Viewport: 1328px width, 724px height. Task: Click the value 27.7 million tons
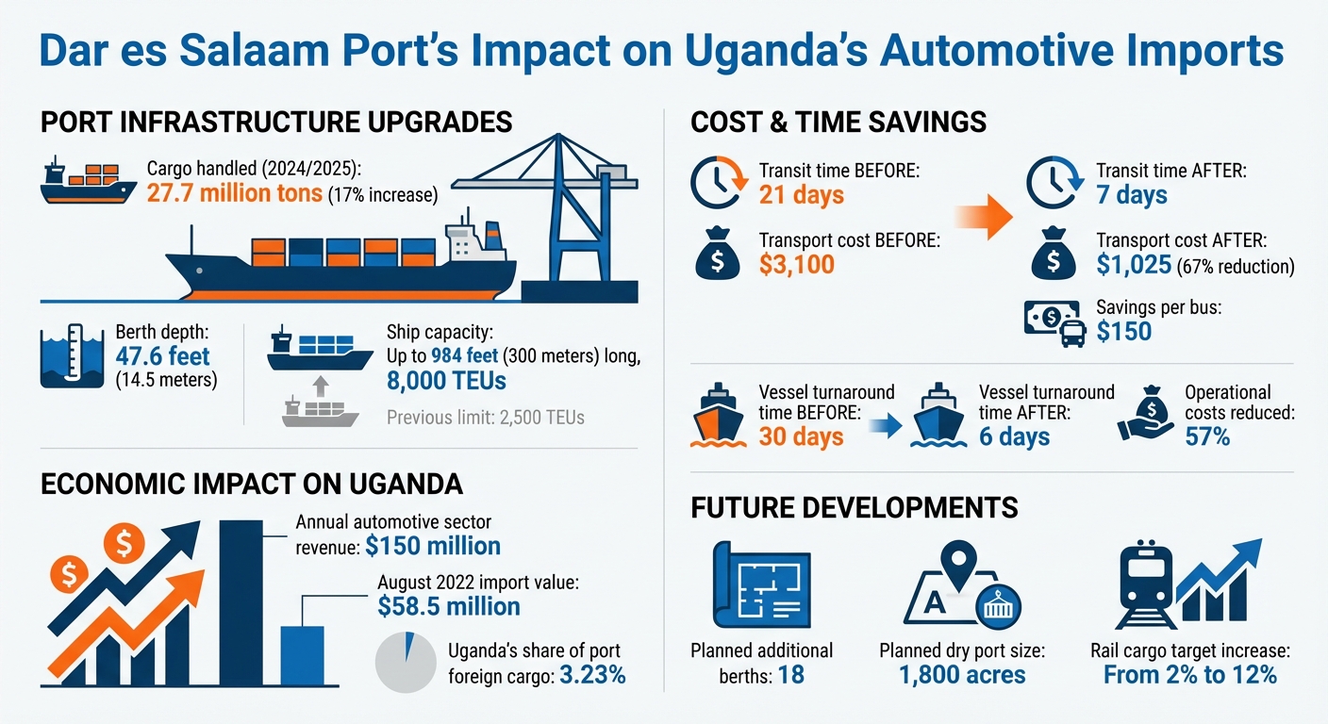tap(235, 195)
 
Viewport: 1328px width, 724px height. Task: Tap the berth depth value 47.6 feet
tap(162, 356)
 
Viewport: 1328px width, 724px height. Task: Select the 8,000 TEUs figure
tap(446, 380)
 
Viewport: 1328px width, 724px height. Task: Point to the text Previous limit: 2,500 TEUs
tap(485, 416)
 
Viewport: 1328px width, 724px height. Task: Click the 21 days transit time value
tap(802, 195)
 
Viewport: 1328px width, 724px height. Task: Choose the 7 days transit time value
tap(1132, 195)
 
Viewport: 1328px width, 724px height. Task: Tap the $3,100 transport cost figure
tap(797, 265)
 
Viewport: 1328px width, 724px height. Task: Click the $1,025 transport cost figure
tap(1135, 266)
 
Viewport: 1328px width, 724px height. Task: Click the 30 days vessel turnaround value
tap(801, 436)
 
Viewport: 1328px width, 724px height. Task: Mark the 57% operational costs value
tap(1207, 436)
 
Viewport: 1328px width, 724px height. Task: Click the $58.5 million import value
tap(449, 606)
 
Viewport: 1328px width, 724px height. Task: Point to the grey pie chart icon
tap(405, 664)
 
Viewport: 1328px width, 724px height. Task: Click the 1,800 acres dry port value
tap(962, 675)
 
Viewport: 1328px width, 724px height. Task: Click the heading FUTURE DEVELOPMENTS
tap(855, 507)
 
